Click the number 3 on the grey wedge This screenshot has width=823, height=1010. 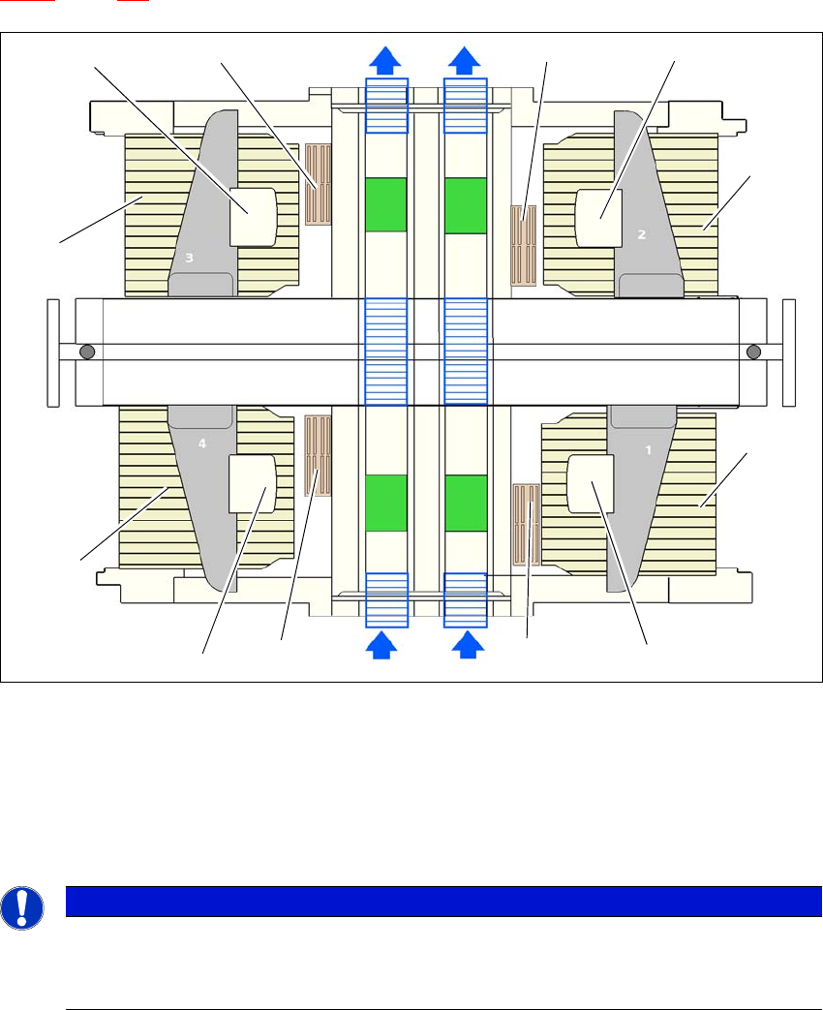(x=191, y=259)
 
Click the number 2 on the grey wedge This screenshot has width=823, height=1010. (x=640, y=233)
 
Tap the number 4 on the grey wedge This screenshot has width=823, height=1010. (x=202, y=444)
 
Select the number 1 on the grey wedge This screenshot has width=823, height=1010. (x=649, y=450)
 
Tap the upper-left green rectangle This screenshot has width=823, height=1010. (x=386, y=204)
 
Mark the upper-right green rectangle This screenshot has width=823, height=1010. (x=465, y=205)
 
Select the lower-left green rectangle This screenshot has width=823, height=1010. (x=386, y=503)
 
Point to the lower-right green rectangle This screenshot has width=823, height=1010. (x=465, y=503)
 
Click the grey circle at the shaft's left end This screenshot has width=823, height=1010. (x=87, y=352)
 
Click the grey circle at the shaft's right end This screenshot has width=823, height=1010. (x=754, y=352)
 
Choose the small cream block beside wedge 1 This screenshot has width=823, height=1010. (x=591, y=483)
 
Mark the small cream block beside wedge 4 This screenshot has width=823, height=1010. (x=252, y=483)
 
